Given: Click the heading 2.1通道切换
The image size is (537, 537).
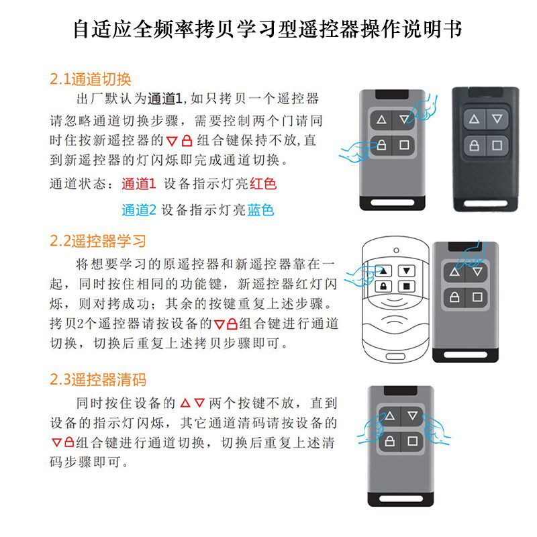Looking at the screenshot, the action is coord(91,79).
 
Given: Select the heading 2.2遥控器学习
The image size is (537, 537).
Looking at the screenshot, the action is coord(98,241).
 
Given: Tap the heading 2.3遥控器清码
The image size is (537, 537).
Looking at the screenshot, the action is coord(98,379).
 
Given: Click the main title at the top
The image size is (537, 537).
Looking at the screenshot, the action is coord(268,30).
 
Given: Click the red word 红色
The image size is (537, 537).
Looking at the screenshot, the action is coord(263,184).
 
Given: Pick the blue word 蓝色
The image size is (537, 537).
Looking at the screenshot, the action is coord(260,210).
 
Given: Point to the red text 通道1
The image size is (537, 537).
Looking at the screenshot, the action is coord(139,184).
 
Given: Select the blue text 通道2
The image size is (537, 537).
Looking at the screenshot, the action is coord(139,210).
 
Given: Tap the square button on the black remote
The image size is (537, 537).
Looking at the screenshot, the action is coord(497,146).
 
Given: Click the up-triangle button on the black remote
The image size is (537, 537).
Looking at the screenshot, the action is coord(475,119).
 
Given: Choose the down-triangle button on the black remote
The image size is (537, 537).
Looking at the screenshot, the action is coord(497,119).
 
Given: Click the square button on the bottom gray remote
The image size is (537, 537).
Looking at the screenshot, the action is coord(412,441).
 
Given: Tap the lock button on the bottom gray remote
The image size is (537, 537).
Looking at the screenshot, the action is coord(390,441).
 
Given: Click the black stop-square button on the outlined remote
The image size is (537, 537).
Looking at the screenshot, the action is coord(407,286).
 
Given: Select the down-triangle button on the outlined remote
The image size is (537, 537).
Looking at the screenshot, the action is coord(407,271).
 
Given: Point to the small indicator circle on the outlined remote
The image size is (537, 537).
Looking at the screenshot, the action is coord(396,250).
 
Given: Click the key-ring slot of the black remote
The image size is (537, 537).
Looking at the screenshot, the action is coord(485,203).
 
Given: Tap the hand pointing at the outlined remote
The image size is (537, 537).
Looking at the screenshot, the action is coord(362,276).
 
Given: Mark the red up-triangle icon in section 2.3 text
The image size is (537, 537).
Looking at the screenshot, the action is coord(185,403).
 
